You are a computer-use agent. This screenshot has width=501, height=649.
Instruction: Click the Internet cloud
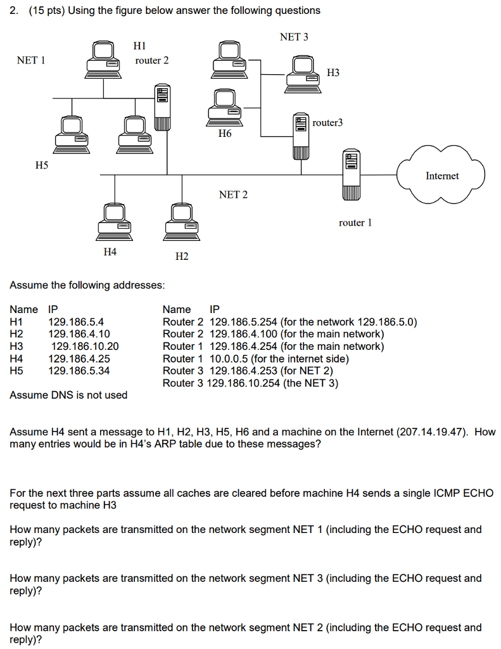pos(441,175)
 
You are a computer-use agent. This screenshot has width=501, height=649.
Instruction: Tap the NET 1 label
pos(31,60)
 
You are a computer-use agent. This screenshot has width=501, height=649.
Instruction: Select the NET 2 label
pos(233,195)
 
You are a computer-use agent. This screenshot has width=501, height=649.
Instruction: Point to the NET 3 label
pos(294,37)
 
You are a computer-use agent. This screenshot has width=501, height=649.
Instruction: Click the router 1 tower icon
pos(352,175)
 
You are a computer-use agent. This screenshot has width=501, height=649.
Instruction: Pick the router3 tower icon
pos(301,136)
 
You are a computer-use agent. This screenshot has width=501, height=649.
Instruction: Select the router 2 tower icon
pos(162,108)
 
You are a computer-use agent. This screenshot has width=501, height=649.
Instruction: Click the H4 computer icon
pos(115,222)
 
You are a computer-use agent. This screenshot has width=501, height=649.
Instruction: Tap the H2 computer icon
pos(182,222)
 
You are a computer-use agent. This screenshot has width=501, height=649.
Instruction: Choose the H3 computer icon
pos(303,74)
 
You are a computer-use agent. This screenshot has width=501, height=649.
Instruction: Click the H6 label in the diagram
pos(225,133)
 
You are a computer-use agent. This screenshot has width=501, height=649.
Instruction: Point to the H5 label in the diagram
pos(42,165)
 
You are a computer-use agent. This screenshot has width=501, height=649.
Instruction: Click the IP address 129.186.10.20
pos(85,346)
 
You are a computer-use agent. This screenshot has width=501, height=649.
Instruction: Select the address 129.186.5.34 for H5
pos(79,370)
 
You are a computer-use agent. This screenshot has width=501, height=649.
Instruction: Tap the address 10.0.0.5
pos(229,359)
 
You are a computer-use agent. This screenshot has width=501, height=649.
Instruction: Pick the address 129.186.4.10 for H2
pos(79,333)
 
